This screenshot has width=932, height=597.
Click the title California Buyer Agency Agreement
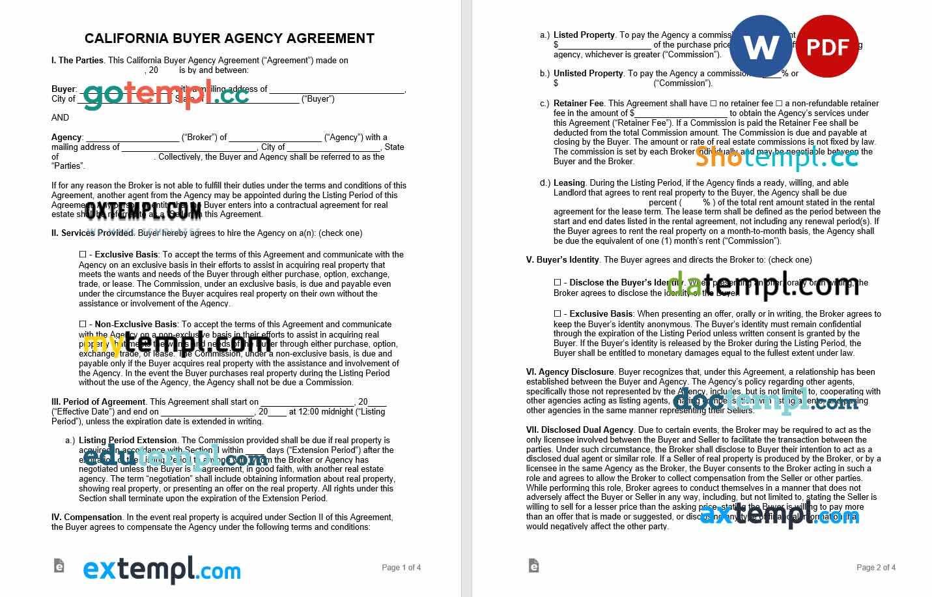click(x=229, y=38)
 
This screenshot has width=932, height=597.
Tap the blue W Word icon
click(x=760, y=46)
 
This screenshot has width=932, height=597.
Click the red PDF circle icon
click(x=827, y=46)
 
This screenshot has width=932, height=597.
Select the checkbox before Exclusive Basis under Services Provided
click(x=83, y=254)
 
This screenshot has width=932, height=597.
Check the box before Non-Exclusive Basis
click(x=83, y=324)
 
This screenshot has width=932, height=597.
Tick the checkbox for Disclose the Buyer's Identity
click(x=558, y=282)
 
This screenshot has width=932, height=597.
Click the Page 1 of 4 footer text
click(x=401, y=568)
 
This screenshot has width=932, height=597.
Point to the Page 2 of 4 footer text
click(x=876, y=568)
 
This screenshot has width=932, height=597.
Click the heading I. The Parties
click(x=78, y=61)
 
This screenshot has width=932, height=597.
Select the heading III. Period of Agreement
click(x=98, y=402)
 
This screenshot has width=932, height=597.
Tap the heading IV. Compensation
click(x=87, y=517)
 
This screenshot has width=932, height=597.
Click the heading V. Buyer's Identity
click(x=563, y=260)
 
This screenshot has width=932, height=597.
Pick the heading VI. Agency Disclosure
click(x=570, y=372)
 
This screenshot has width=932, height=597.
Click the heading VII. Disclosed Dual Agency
click(x=580, y=430)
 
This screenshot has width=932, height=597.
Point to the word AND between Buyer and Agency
click(x=60, y=118)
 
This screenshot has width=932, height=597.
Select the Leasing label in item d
click(x=569, y=183)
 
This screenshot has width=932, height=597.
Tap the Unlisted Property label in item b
click(x=588, y=74)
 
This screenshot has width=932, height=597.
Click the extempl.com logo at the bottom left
click(x=162, y=570)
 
